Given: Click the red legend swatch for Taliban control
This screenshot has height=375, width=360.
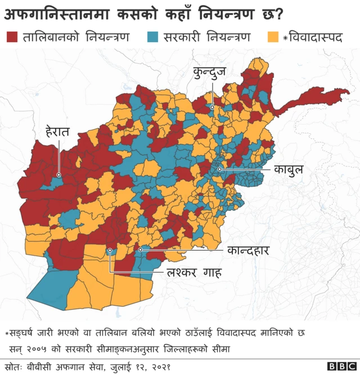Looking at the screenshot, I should [x=12, y=38].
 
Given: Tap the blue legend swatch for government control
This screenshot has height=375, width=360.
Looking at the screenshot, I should [x=152, y=38].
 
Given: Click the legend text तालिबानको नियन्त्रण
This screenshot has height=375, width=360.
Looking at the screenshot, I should [x=76, y=38].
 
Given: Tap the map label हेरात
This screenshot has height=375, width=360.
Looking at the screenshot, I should [x=57, y=132].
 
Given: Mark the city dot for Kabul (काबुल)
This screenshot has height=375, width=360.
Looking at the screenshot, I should [x=219, y=168].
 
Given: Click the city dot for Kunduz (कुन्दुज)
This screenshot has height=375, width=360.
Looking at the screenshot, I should [x=212, y=107].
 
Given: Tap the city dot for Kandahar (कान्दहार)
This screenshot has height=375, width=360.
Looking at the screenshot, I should [x=141, y=249].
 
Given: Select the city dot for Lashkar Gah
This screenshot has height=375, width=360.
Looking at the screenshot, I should [x=110, y=251].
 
